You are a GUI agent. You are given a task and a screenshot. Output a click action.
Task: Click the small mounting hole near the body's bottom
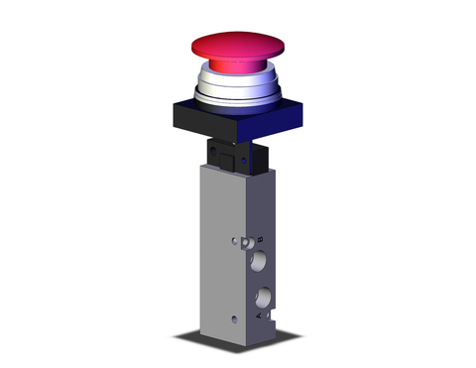[x=233, y=318]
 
